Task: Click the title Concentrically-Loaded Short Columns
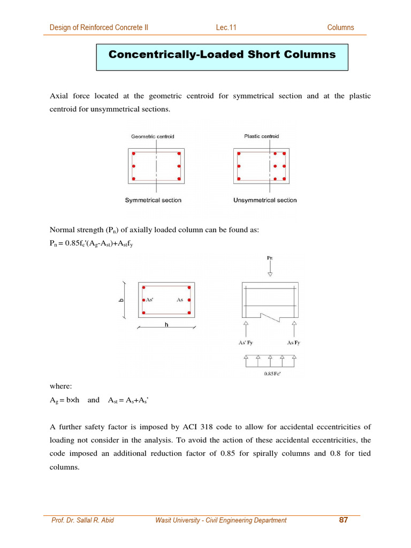pyautogui.click(x=222, y=55)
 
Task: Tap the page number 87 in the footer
pyautogui.click(x=344, y=520)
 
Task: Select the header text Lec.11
pyautogui.click(x=226, y=28)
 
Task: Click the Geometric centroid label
pyautogui.click(x=153, y=136)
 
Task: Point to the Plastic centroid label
pyautogui.click(x=257, y=136)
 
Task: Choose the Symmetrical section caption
pyautogui.click(x=153, y=200)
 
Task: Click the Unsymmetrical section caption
pyautogui.click(x=265, y=200)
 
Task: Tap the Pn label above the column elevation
pyautogui.click(x=270, y=258)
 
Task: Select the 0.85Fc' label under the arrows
pyautogui.click(x=273, y=374)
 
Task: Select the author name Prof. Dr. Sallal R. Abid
pyautogui.click(x=82, y=520)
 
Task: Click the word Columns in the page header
pyautogui.click(x=340, y=28)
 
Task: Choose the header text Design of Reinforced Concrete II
pyautogui.click(x=99, y=28)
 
